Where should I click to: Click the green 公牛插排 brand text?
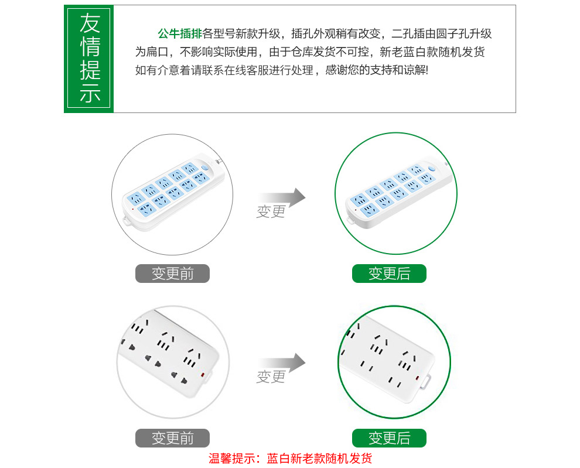click(x=180, y=33)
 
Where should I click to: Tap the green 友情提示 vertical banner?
click(x=89, y=59)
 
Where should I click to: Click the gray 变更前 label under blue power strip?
click(x=172, y=274)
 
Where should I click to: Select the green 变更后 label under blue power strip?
click(x=389, y=274)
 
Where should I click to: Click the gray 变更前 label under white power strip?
click(x=172, y=438)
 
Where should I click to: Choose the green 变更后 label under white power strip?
click(x=389, y=438)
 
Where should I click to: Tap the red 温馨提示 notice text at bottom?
click(x=290, y=459)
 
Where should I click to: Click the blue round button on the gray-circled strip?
click(x=205, y=168)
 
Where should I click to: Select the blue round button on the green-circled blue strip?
click(x=431, y=169)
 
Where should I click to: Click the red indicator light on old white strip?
click(x=202, y=375)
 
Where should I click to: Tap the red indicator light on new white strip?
click(x=417, y=378)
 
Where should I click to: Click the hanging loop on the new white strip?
click(x=427, y=382)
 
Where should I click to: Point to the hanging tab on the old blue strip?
click(x=127, y=221)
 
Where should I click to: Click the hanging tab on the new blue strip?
click(x=350, y=220)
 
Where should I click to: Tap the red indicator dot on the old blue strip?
click(x=133, y=209)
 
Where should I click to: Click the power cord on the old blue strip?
click(x=219, y=162)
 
